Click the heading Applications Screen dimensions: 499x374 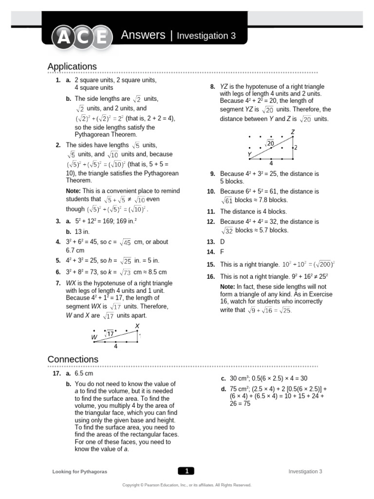[x=72, y=66]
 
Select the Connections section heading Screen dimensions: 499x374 [x=73, y=359]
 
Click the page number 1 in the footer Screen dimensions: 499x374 [x=187, y=471]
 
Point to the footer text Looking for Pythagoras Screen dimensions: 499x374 [x=79, y=472]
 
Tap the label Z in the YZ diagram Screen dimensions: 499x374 [x=293, y=132]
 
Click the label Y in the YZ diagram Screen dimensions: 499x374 [x=249, y=154]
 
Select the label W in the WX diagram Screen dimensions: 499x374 [x=94, y=337]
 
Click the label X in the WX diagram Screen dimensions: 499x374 [x=137, y=326]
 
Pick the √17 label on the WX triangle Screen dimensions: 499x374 [x=110, y=334]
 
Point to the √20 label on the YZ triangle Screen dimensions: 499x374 [x=269, y=143]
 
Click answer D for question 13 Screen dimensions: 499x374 [x=223, y=242]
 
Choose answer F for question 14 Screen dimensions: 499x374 [x=222, y=252]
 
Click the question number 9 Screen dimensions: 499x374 [x=212, y=174]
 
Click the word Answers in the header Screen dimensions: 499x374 [x=143, y=35]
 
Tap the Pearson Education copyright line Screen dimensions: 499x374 [x=187, y=485]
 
